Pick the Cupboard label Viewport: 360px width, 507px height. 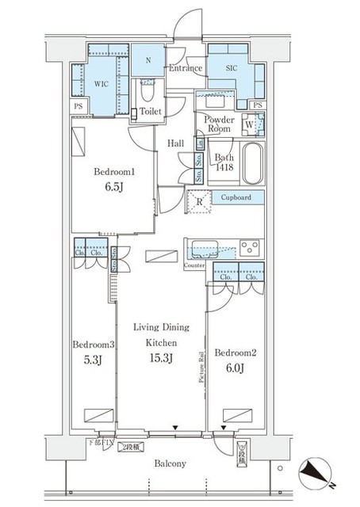(236, 197)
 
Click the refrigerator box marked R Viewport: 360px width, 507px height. (198, 202)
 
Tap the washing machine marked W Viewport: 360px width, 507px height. (251, 124)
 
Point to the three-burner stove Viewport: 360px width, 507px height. (250, 246)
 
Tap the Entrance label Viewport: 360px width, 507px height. (186, 69)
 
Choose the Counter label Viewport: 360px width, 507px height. (195, 265)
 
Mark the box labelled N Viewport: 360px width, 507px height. (147, 59)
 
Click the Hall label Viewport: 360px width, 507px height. (177, 143)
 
